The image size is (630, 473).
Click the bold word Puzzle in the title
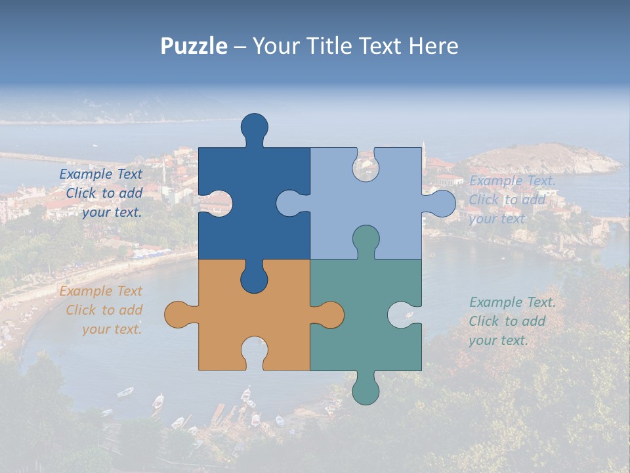pyautogui.click(x=194, y=46)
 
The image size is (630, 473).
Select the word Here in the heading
pyautogui.click(x=434, y=46)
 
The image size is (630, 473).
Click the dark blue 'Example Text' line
pyautogui.click(x=100, y=174)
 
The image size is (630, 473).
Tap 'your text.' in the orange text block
pyautogui.click(x=112, y=329)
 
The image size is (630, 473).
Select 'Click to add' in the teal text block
pyautogui.click(x=507, y=321)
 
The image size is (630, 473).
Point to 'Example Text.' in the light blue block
pyautogui.click(x=513, y=181)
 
